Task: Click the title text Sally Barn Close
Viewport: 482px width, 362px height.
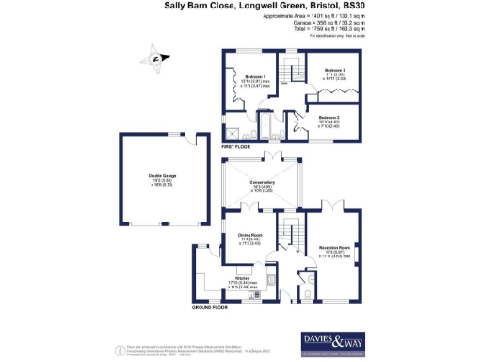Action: pos(203,6)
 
